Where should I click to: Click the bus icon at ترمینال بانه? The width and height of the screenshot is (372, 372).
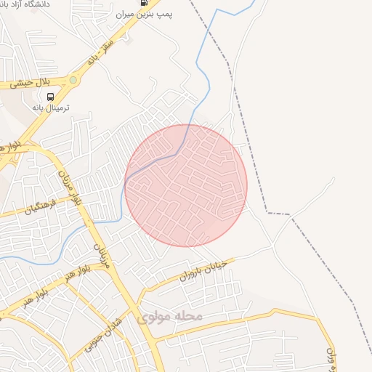[51, 97]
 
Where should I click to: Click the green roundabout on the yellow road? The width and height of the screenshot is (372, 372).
[73, 79]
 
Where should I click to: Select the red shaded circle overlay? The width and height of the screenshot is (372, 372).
[186, 185]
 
